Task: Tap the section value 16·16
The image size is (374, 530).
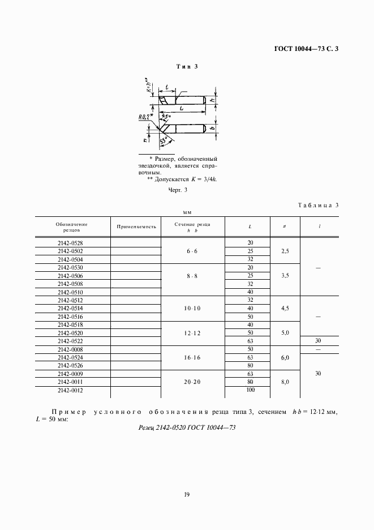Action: pos(192,358)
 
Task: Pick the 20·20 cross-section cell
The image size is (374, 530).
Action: pos(192,382)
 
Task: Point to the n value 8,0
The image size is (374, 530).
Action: pos(285,382)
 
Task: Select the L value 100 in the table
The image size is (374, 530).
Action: pos(250,390)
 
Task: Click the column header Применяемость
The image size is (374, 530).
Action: pos(136,226)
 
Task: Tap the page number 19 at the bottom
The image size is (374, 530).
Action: pos(187,494)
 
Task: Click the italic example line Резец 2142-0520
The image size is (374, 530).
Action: pos(187,428)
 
